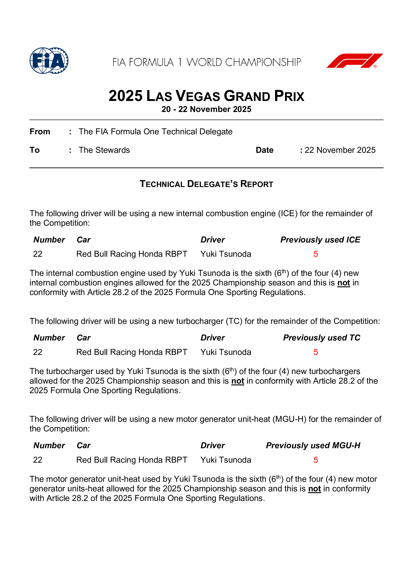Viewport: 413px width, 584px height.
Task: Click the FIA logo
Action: tap(49, 61)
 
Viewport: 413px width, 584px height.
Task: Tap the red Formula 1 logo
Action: tap(355, 61)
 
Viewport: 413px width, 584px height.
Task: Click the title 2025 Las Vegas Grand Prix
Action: tap(206, 96)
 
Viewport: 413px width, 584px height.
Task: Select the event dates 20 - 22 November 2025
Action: tap(206, 109)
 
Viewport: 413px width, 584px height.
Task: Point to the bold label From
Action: tap(40, 132)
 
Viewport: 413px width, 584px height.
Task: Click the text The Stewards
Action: tap(104, 150)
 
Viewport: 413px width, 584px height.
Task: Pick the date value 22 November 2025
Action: tap(340, 150)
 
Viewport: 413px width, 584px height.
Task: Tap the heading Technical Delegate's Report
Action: tap(206, 184)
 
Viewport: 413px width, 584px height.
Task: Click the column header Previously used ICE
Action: tap(320, 240)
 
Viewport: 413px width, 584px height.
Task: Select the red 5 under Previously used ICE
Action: tap(315, 254)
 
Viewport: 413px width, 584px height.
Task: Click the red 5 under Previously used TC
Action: tap(315, 352)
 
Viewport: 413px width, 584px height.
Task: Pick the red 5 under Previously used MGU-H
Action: tap(315, 460)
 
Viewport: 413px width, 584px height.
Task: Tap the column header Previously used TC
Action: tap(322, 337)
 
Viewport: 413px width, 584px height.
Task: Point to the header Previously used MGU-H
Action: tap(313, 445)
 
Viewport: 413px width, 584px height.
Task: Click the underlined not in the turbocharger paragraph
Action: tap(237, 381)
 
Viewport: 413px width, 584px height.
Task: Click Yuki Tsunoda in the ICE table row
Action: tap(226, 254)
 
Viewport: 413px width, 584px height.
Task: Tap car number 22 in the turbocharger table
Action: tap(38, 352)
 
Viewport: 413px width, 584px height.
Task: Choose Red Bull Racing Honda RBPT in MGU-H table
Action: tap(132, 460)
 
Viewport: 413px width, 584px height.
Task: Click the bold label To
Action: tap(35, 150)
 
